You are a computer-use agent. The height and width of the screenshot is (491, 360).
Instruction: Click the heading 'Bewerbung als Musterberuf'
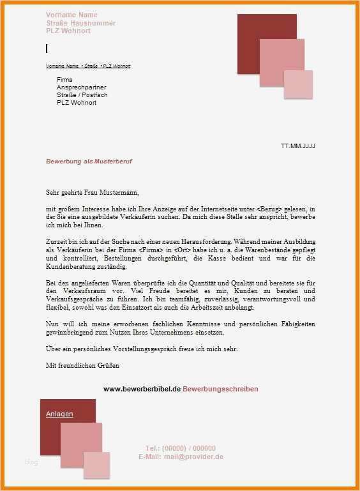[x=89, y=162]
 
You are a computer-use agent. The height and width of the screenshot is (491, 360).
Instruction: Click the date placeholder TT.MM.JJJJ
[x=298, y=146]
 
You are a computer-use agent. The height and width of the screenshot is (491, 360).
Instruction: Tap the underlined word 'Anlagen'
[x=59, y=414]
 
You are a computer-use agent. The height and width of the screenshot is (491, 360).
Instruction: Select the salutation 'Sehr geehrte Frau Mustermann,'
[x=92, y=192]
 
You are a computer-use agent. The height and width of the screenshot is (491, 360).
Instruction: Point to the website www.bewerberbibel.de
[x=142, y=389]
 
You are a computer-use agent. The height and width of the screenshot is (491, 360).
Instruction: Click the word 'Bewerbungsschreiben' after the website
[x=220, y=389]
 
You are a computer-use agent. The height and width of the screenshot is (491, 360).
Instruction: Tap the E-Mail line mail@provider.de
[x=181, y=457]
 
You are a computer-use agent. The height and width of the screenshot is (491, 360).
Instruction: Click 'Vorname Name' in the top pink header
[x=71, y=15]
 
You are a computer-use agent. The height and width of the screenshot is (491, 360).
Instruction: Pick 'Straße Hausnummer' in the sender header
[x=80, y=22]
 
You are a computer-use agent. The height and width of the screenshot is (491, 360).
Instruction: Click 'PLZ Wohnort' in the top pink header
[x=68, y=31]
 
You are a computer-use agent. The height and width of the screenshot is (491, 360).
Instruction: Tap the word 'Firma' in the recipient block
[x=64, y=79]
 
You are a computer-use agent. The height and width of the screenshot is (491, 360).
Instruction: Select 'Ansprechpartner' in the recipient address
[x=81, y=87]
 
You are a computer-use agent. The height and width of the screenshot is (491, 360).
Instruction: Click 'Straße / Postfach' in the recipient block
[x=82, y=94]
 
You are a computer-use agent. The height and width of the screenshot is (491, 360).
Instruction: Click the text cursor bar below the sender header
[x=47, y=49]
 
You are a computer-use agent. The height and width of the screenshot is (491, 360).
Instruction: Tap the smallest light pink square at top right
[x=298, y=85]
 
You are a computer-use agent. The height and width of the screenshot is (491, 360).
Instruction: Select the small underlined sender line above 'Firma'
[x=88, y=66]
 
